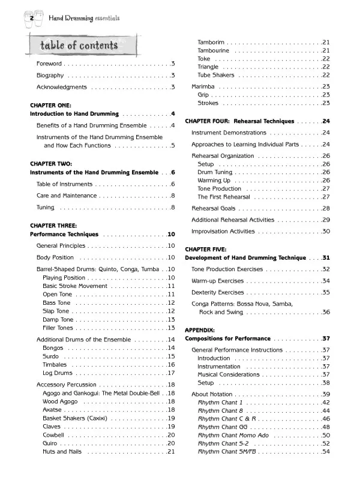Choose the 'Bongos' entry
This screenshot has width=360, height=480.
pos(53,348)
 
